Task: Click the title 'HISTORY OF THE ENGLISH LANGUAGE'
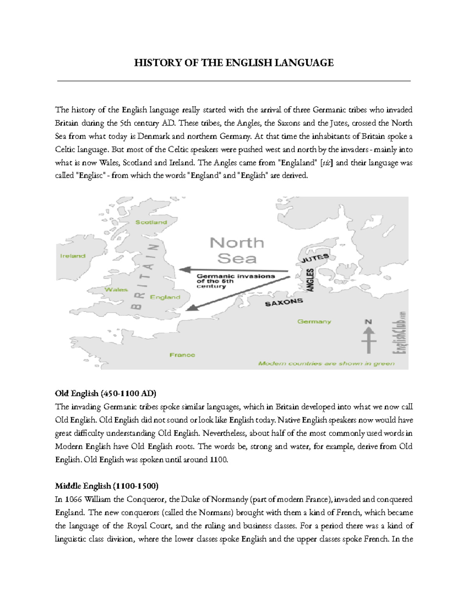click(x=234, y=63)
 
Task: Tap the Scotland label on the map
click(x=151, y=222)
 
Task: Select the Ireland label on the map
click(x=73, y=256)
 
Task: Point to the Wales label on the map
click(x=116, y=290)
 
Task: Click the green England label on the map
click(x=165, y=297)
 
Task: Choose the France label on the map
click(x=182, y=355)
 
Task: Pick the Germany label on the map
click(x=314, y=322)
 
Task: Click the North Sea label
click(x=237, y=251)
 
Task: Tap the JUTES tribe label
click(x=315, y=258)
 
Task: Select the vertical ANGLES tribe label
click(x=310, y=280)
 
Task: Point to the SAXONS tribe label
click(x=284, y=302)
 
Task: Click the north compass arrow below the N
click(x=369, y=340)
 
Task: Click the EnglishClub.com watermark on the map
click(x=401, y=332)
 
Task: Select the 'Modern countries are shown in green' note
click(x=326, y=363)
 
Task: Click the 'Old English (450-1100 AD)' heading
click(x=105, y=393)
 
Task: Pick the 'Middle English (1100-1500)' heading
click(x=106, y=486)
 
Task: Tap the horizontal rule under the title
click(x=234, y=81)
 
